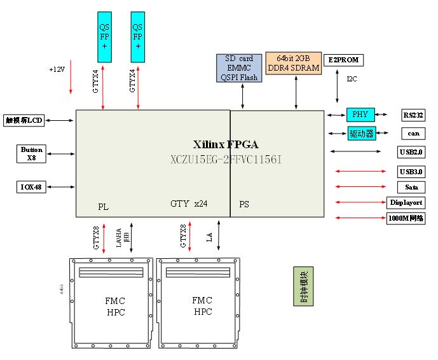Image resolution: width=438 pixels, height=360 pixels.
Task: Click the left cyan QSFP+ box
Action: click(x=105, y=38)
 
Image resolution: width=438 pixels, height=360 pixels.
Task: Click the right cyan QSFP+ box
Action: click(x=138, y=38)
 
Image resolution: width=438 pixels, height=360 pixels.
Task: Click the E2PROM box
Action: click(x=343, y=60)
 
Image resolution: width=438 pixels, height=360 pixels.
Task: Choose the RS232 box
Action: click(x=413, y=115)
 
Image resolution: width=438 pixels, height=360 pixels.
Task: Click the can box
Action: click(x=413, y=134)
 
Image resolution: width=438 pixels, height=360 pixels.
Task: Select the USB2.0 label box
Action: click(x=411, y=152)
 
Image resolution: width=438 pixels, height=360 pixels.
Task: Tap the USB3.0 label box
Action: click(x=411, y=172)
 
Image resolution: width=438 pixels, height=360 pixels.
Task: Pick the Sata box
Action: click(x=411, y=187)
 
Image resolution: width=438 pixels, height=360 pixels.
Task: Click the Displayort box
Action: click(x=406, y=203)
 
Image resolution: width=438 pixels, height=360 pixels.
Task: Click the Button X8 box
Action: click(x=31, y=153)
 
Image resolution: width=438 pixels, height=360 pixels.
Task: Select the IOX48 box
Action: click(x=31, y=186)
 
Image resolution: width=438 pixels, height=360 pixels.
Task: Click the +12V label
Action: click(x=58, y=69)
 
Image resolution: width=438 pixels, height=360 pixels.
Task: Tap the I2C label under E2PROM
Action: click(x=352, y=80)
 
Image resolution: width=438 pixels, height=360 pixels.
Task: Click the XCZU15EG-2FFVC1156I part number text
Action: click(x=226, y=159)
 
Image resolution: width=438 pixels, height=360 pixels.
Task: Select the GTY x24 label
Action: click(x=189, y=204)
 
